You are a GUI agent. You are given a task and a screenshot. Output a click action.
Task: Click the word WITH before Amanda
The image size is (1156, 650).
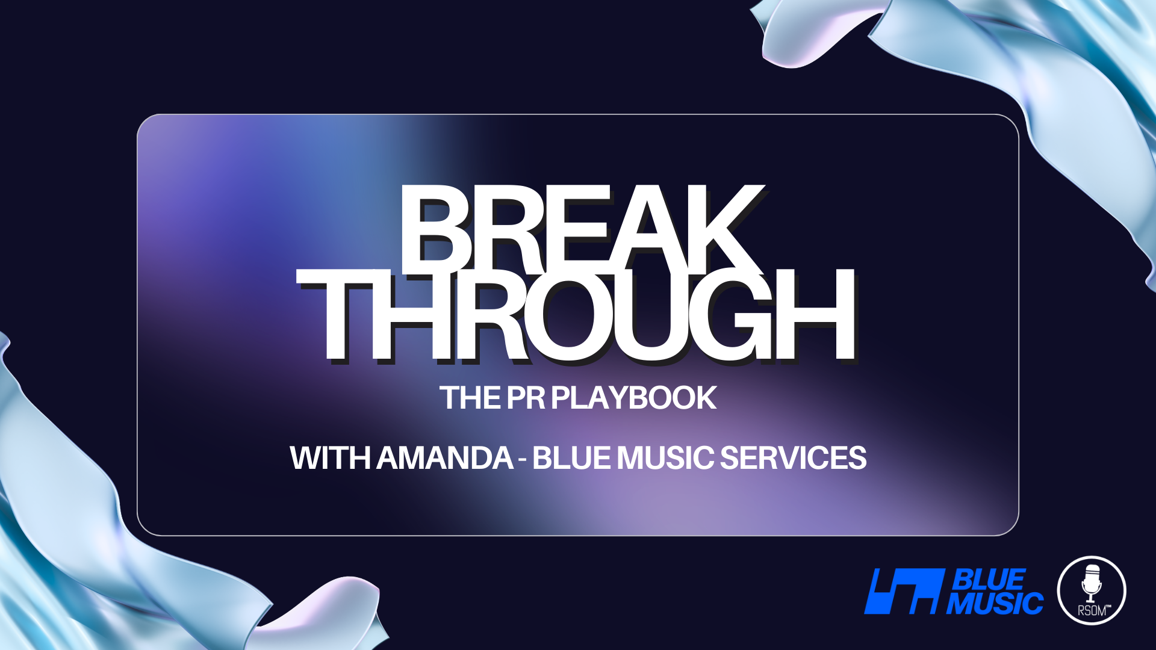(330, 458)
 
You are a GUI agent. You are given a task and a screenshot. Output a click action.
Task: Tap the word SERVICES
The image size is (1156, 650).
(793, 458)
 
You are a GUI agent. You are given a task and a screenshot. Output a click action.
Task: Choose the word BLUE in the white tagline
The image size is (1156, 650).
(572, 458)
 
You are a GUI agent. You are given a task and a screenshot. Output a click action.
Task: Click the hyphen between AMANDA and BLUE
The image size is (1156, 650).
(523, 459)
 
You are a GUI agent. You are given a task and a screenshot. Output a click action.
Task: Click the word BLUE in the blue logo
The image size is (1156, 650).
(987, 580)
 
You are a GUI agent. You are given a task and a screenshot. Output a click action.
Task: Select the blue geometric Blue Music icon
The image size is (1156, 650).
(903, 591)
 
